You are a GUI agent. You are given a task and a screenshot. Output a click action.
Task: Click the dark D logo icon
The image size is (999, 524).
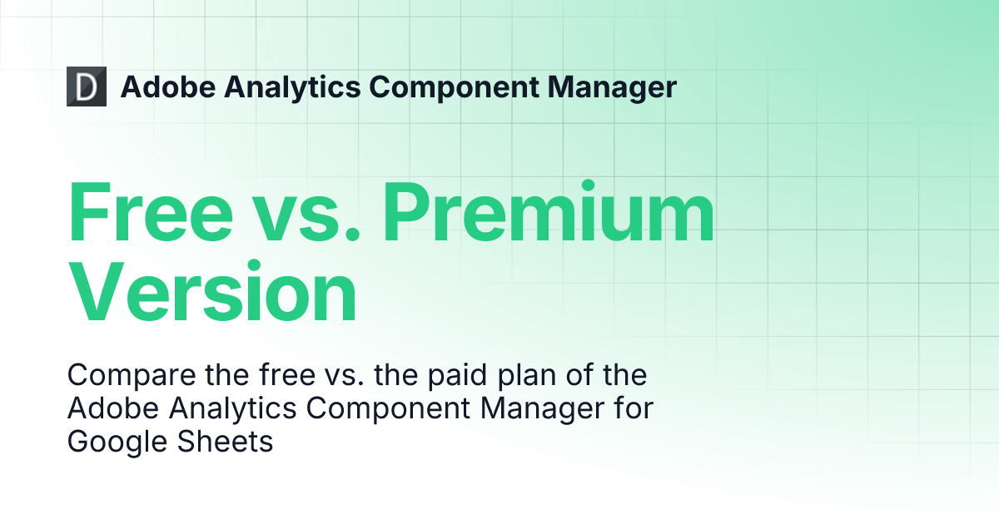(x=87, y=87)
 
